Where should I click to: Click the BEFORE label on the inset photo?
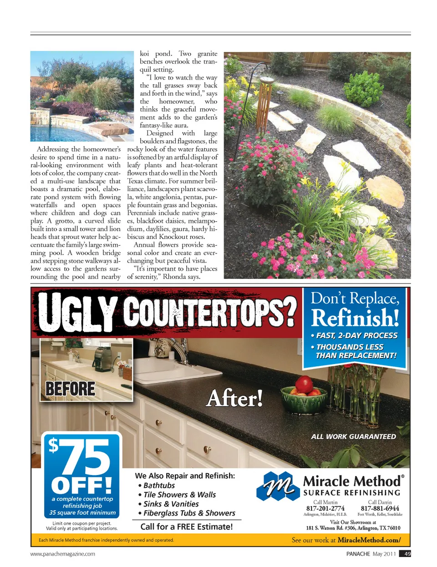point(70,389)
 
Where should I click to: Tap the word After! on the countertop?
point(234,399)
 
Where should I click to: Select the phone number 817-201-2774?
point(325,508)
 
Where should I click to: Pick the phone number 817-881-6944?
point(380,508)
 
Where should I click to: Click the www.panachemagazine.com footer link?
point(63,554)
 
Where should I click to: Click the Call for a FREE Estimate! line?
point(187,526)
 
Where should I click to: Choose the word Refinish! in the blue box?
point(355,318)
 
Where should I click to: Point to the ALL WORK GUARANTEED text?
point(353,436)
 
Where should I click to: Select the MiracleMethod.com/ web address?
point(369,540)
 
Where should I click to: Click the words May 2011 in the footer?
point(384,554)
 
